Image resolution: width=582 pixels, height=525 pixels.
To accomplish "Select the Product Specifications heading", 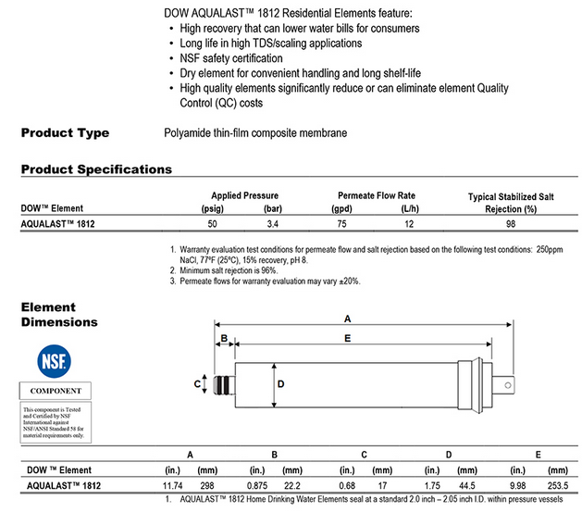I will (x=96, y=169).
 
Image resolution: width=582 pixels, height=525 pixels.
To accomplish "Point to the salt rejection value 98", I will (x=503, y=224).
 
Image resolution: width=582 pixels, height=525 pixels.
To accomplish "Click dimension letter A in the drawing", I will (x=346, y=317).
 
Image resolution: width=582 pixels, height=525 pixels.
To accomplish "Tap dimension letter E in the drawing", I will (x=347, y=339).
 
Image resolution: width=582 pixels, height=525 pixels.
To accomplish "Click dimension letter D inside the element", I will (x=281, y=382).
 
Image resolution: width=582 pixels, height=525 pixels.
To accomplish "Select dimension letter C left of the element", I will (x=197, y=383).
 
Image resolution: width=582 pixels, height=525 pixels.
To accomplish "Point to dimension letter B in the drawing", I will (x=223, y=339).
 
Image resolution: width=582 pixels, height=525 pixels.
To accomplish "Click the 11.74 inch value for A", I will (x=172, y=485).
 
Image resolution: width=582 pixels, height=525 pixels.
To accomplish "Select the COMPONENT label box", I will (x=56, y=392).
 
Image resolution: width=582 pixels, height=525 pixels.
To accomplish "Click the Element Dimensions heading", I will (x=59, y=315).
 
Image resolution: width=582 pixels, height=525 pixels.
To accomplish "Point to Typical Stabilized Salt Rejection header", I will (x=503, y=203).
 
